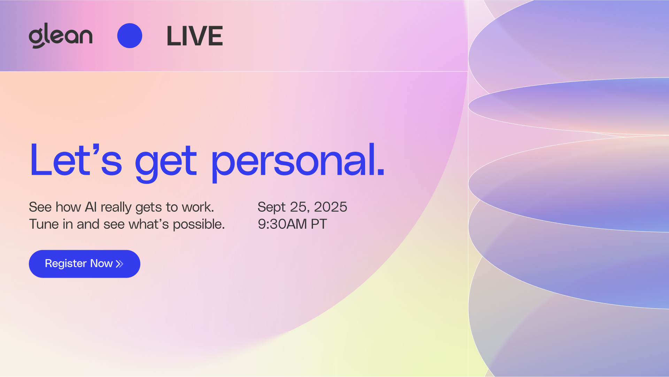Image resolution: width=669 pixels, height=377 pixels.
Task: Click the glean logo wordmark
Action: click(x=61, y=36)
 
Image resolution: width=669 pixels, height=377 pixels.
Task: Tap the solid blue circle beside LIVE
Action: click(x=130, y=36)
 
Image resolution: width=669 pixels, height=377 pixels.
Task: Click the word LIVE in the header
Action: click(x=195, y=36)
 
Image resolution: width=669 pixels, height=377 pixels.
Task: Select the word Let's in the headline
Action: click(x=76, y=160)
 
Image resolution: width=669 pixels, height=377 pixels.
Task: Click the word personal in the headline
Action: click(x=298, y=163)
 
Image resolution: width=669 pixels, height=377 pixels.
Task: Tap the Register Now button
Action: click(x=85, y=264)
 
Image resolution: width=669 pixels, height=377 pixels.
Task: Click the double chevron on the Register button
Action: click(x=120, y=264)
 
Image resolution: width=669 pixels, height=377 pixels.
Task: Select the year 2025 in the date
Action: click(x=330, y=207)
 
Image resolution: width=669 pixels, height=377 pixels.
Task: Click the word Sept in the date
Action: click(x=271, y=208)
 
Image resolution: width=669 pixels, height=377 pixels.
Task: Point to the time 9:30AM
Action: click(x=282, y=224)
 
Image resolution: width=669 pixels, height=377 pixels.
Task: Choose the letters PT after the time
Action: click(x=319, y=224)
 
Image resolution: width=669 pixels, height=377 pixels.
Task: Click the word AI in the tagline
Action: click(x=91, y=207)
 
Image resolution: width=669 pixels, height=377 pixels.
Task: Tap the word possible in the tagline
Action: click(x=199, y=225)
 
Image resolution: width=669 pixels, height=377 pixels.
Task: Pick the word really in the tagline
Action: click(x=116, y=208)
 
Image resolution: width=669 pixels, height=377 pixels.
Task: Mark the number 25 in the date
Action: click(x=299, y=207)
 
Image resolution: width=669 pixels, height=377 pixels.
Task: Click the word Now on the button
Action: click(x=101, y=263)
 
